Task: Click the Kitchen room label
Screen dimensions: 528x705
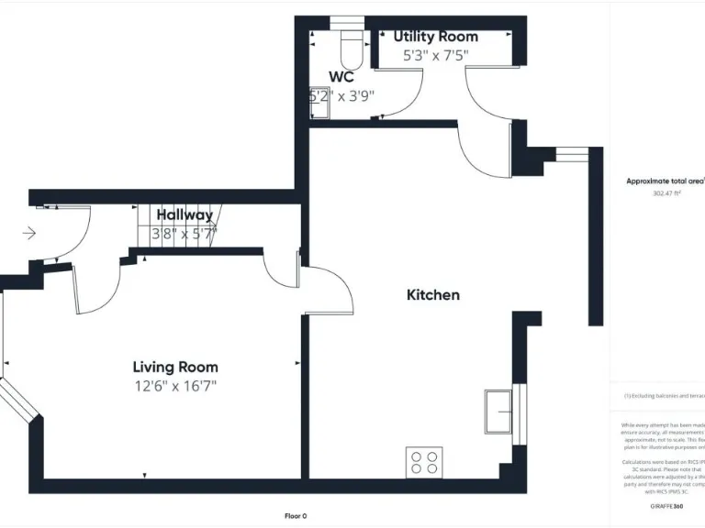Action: pyautogui.click(x=433, y=295)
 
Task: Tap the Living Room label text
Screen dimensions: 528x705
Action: pyautogui.click(x=175, y=368)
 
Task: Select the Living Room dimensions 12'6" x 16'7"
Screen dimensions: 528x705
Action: pyautogui.click(x=175, y=387)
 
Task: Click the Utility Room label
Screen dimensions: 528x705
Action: pyautogui.click(x=436, y=37)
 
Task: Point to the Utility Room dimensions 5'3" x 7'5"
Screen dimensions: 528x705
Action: pyautogui.click(x=436, y=55)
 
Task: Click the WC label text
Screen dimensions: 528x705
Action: pyautogui.click(x=341, y=77)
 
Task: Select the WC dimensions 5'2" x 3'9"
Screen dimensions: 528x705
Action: pyautogui.click(x=341, y=95)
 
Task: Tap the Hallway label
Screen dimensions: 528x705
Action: pyautogui.click(x=185, y=215)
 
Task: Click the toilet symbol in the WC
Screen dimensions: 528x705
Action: pyautogui.click(x=349, y=46)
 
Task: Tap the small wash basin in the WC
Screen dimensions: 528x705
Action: pyautogui.click(x=319, y=108)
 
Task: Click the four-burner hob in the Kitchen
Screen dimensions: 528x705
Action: pyautogui.click(x=424, y=462)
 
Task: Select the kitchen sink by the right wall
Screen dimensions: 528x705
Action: pyautogui.click(x=502, y=409)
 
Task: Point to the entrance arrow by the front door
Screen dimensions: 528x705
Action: pyautogui.click(x=29, y=234)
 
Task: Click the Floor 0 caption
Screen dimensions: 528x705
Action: pyautogui.click(x=296, y=516)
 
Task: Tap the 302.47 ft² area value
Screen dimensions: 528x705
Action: pyautogui.click(x=666, y=193)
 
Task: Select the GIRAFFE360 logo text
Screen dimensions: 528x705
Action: pyautogui.click(x=666, y=506)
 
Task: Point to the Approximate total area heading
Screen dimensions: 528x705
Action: pyautogui.click(x=665, y=181)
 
